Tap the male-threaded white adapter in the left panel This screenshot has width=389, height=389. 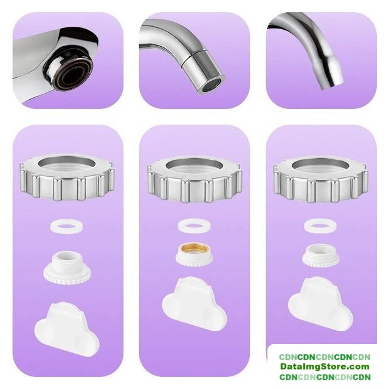[x=67, y=268]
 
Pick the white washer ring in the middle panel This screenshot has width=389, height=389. [x=194, y=225]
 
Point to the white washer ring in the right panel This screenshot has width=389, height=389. [x=320, y=226]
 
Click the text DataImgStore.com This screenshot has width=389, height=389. [x=325, y=367]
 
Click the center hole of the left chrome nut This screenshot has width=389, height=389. [x=66, y=164]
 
